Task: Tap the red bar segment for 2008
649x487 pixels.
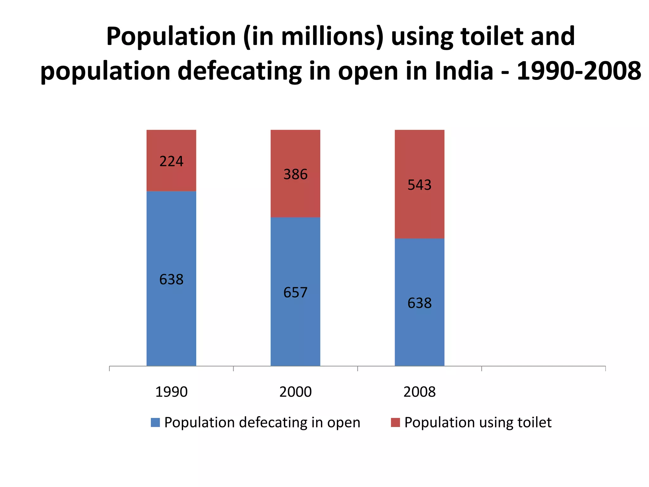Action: pyautogui.click(x=419, y=216)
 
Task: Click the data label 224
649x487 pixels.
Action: pyautogui.click(x=171, y=161)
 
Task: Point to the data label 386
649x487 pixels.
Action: pyautogui.click(x=295, y=174)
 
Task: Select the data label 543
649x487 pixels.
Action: pyautogui.click(x=419, y=185)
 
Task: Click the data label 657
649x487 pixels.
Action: pyautogui.click(x=295, y=292)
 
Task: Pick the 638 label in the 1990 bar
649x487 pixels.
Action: pyautogui.click(x=171, y=279)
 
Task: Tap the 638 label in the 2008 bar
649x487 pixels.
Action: pyautogui.click(x=419, y=303)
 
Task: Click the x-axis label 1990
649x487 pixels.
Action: pyautogui.click(x=171, y=392)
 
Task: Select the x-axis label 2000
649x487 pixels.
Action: pyautogui.click(x=295, y=392)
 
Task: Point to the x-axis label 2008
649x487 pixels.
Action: pyautogui.click(x=419, y=392)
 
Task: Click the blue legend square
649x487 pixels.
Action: pyautogui.click(x=155, y=422)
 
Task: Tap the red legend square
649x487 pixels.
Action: pyautogui.click(x=395, y=422)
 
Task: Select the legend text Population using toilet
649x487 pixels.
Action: pyautogui.click(x=478, y=422)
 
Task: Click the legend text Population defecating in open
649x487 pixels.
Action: pyautogui.click(x=262, y=422)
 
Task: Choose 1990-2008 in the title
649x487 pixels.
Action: pyautogui.click(x=579, y=71)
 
